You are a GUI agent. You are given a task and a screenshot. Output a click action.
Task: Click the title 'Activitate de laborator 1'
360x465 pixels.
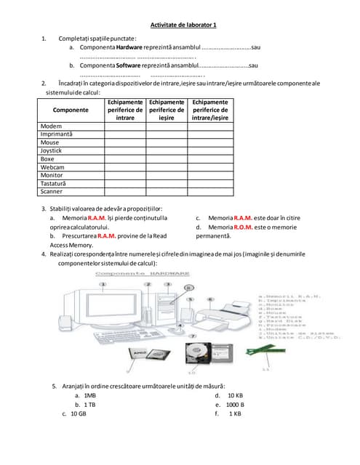[x=183, y=25]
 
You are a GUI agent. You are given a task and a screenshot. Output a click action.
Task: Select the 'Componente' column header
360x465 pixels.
[x=71, y=110]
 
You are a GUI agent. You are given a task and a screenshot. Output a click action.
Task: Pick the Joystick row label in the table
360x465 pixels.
[x=53, y=150]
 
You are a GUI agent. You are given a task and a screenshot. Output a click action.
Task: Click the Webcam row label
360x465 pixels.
[x=53, y=167]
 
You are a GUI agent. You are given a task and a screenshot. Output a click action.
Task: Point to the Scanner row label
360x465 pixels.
[x=52, y=192]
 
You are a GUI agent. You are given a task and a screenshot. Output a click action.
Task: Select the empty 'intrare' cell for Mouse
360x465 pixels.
[x=125, y=142]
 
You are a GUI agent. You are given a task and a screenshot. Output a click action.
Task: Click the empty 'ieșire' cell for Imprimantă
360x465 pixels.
[x=167, y=134]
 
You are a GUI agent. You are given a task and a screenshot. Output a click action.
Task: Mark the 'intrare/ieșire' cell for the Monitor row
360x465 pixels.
[x=210, y=175]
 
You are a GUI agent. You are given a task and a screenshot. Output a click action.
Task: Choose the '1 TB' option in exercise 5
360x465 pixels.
[x=90, y=404]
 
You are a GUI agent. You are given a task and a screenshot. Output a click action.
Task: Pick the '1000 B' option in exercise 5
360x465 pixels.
[x=235, y=404]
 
